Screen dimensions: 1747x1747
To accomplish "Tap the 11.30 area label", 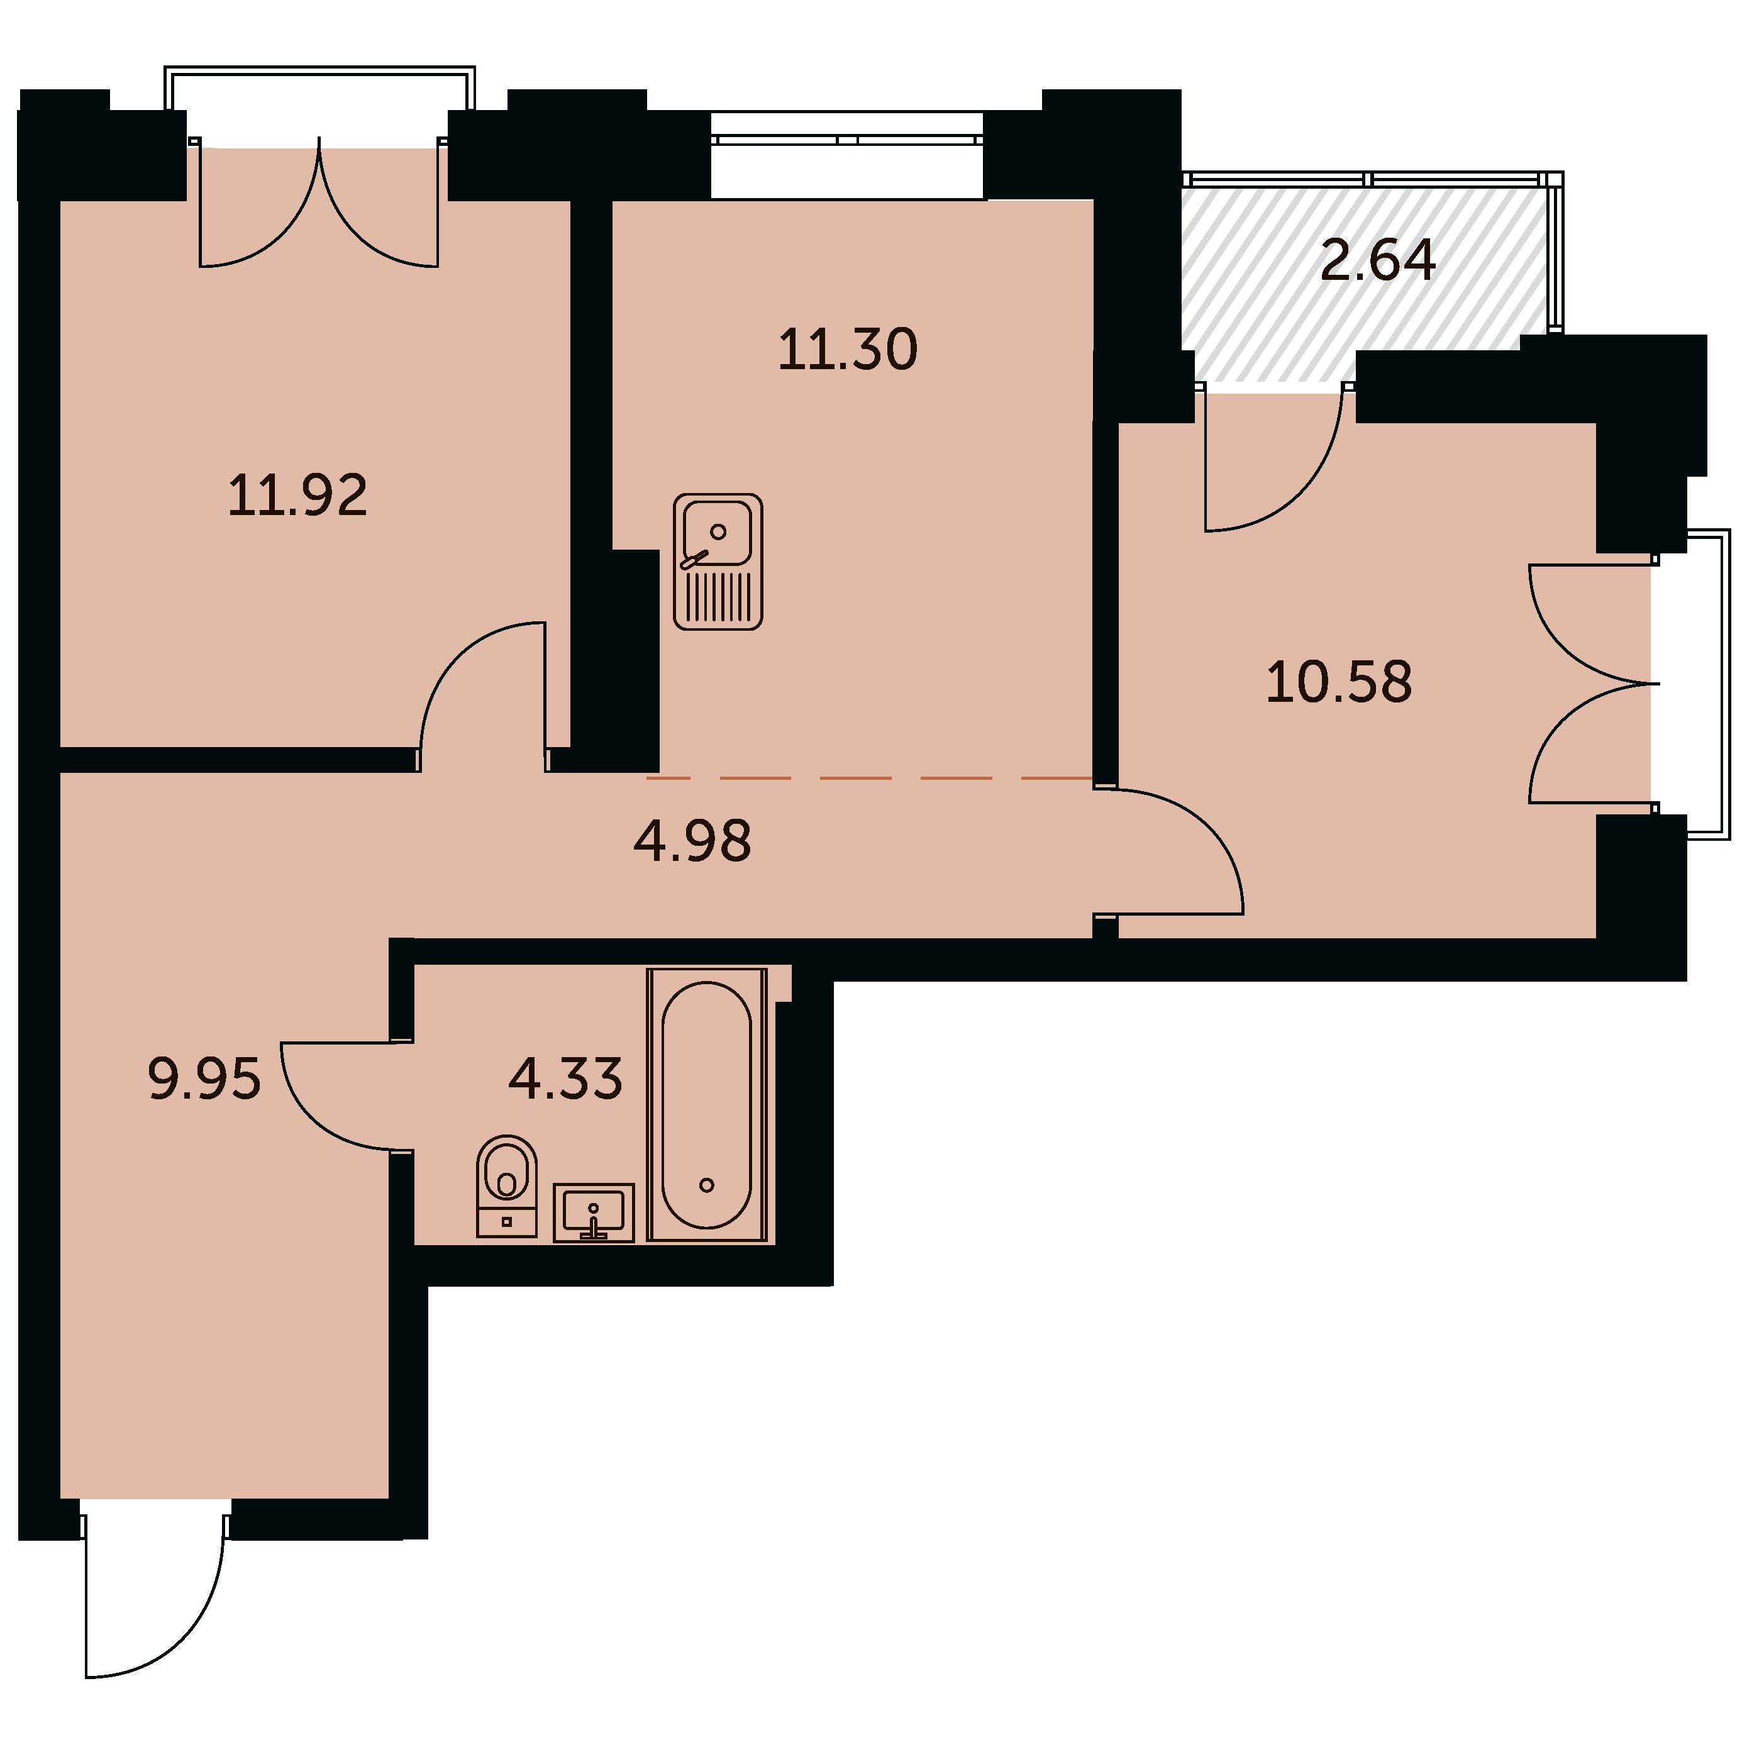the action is tap(848, 350).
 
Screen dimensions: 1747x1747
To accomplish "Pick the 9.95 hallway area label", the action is tap(204, 1080).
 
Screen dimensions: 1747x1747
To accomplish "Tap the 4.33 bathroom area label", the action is tap(566, 1079).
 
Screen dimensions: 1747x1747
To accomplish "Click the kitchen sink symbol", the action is tap(718, 562).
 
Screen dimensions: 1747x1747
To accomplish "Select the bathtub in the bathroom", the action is tap(707, 1104).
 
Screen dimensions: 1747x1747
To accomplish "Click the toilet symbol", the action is tap(506, 1185).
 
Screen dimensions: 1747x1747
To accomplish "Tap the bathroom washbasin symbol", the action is tap(593, 1212).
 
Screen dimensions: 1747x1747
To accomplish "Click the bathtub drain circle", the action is tap(707, 1185).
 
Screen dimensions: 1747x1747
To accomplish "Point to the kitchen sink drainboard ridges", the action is tap(719, 595).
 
